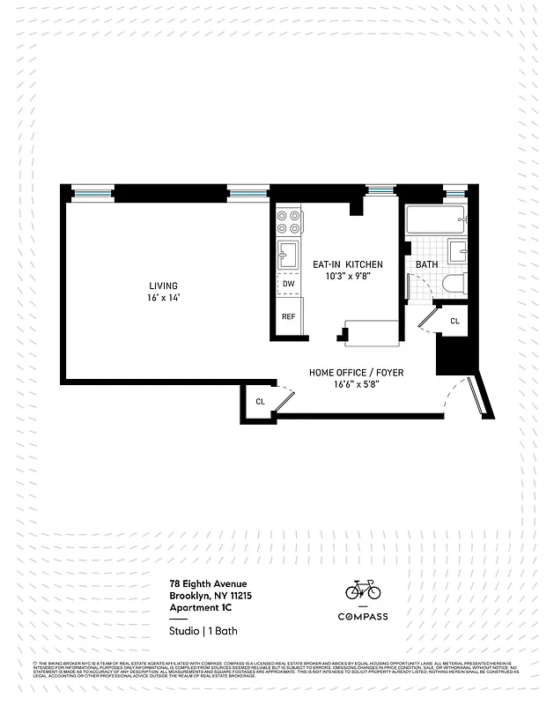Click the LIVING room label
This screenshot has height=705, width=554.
pyautogui.click(x=163, y=286)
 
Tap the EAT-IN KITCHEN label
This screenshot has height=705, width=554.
pyautogui.click(x=347, y=264)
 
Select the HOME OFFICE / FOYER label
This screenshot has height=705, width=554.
pyautogui.click(x=356, y=373)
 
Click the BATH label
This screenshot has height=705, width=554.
pyautogui.click(x=426, y=264)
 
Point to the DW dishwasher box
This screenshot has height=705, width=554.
pyautogui.click(x=288, y=284)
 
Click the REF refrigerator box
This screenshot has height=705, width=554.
pyautogui.click(x=288, y=316)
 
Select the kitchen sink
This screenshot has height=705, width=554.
pyautogui.click(x=287, y=256)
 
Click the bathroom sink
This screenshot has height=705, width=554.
pyautogui.click(x=456, y=251)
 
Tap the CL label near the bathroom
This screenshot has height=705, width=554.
pyautogui.click(x=454, y=321)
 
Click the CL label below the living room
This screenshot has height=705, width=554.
pyautogui.click(x=260, y=402)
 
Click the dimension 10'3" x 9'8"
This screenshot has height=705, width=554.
pyautogui.click(x=347, y=276)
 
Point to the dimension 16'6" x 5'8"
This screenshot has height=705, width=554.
pyautogui.click(x=356, y=384)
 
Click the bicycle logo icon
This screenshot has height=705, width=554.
pyautogui.click(x=363, y=589)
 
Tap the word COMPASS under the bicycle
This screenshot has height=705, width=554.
pyautogui.click(x=363, y=616)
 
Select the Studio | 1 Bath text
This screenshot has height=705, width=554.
pyautogui.click(x=203, y=631)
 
